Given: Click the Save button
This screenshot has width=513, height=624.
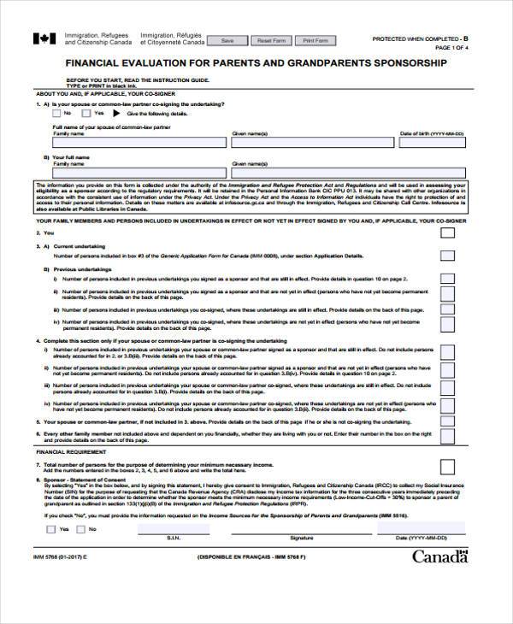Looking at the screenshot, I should coord(227,40).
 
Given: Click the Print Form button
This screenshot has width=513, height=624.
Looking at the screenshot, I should coord(315,40).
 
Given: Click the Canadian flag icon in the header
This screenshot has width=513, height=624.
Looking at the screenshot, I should coord(42,38).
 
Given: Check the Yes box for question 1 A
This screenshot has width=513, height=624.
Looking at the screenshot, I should coord(86,113).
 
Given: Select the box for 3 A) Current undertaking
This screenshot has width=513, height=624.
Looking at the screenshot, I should coord(447,255).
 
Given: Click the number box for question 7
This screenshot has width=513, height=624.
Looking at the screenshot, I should coord(447,467).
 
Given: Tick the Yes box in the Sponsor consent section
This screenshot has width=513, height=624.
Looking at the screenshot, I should coord(53,529).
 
